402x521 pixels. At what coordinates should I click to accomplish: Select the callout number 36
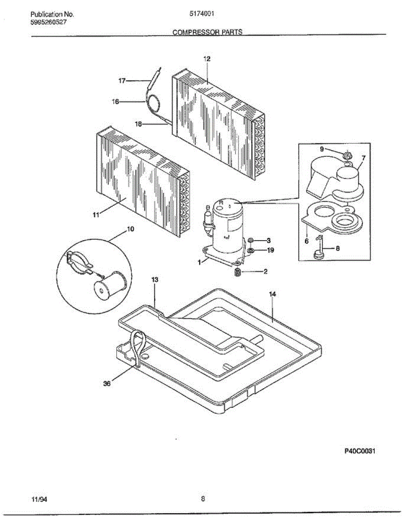tap(107, 383)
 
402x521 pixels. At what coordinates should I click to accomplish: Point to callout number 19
tap(270, 251)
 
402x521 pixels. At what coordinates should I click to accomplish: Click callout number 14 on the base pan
tap(272, 294)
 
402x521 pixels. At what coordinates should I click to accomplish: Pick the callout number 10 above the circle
tap(130, 229)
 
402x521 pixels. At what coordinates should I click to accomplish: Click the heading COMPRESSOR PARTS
tap(207, 32)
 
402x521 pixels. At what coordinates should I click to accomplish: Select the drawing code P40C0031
tap(360, 451)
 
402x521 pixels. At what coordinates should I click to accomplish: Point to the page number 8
tap(203, 499)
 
